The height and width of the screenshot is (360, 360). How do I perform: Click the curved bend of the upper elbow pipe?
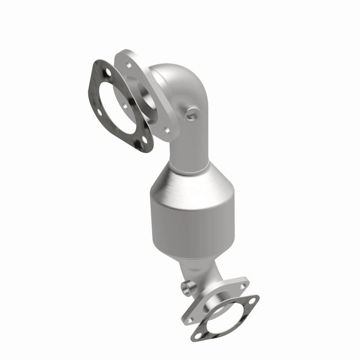click(180, 90)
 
